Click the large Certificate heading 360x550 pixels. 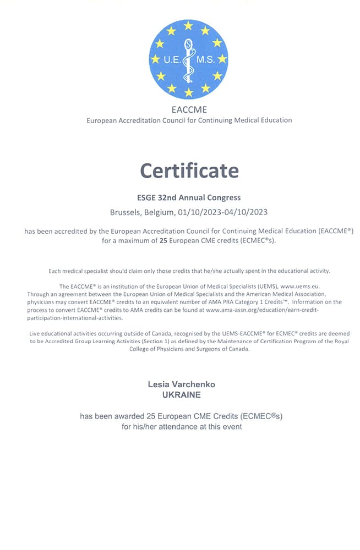click(189, 170)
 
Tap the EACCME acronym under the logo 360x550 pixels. click(189, 109)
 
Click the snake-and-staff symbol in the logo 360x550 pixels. click(189, 58)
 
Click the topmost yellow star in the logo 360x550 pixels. click(188, 25)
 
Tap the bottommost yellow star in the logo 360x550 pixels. click(189, 92)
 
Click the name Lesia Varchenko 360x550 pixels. click(181, 384)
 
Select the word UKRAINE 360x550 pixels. click(181, 395)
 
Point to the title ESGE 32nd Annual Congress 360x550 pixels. click(188, 197)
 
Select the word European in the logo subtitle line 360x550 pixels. click(103, 120)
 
